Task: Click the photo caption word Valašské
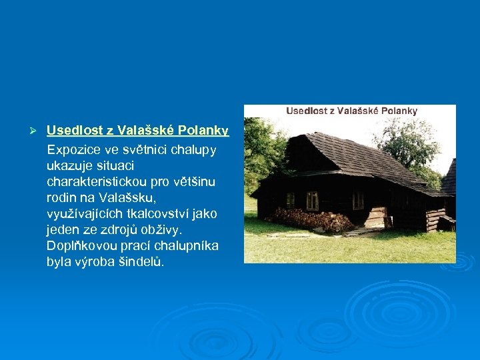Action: (x=361, y=111)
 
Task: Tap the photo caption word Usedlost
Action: (x=308, y=111)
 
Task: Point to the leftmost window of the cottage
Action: (x=290, y=200)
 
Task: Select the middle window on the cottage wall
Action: (x=312, y=201)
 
